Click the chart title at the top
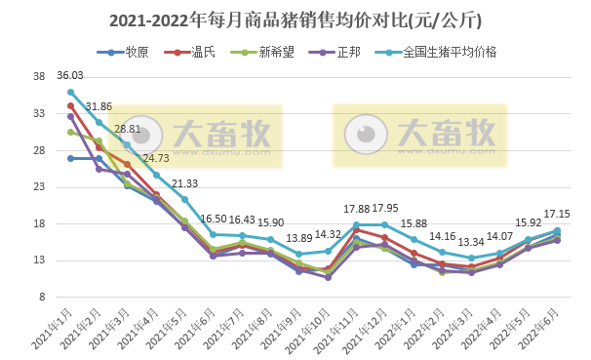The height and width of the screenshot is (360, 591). point(295,19)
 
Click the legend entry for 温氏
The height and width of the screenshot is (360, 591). point(188,52)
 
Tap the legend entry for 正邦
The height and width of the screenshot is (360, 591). point(325,52)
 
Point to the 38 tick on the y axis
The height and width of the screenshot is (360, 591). point(40,77)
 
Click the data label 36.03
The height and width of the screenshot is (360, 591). point(70,76)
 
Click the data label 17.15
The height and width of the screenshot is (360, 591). point(558,214)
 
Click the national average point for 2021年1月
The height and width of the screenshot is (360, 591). point(70,92)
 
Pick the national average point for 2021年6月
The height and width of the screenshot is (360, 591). point(214,234)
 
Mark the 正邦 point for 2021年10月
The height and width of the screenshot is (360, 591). point(328,278)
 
